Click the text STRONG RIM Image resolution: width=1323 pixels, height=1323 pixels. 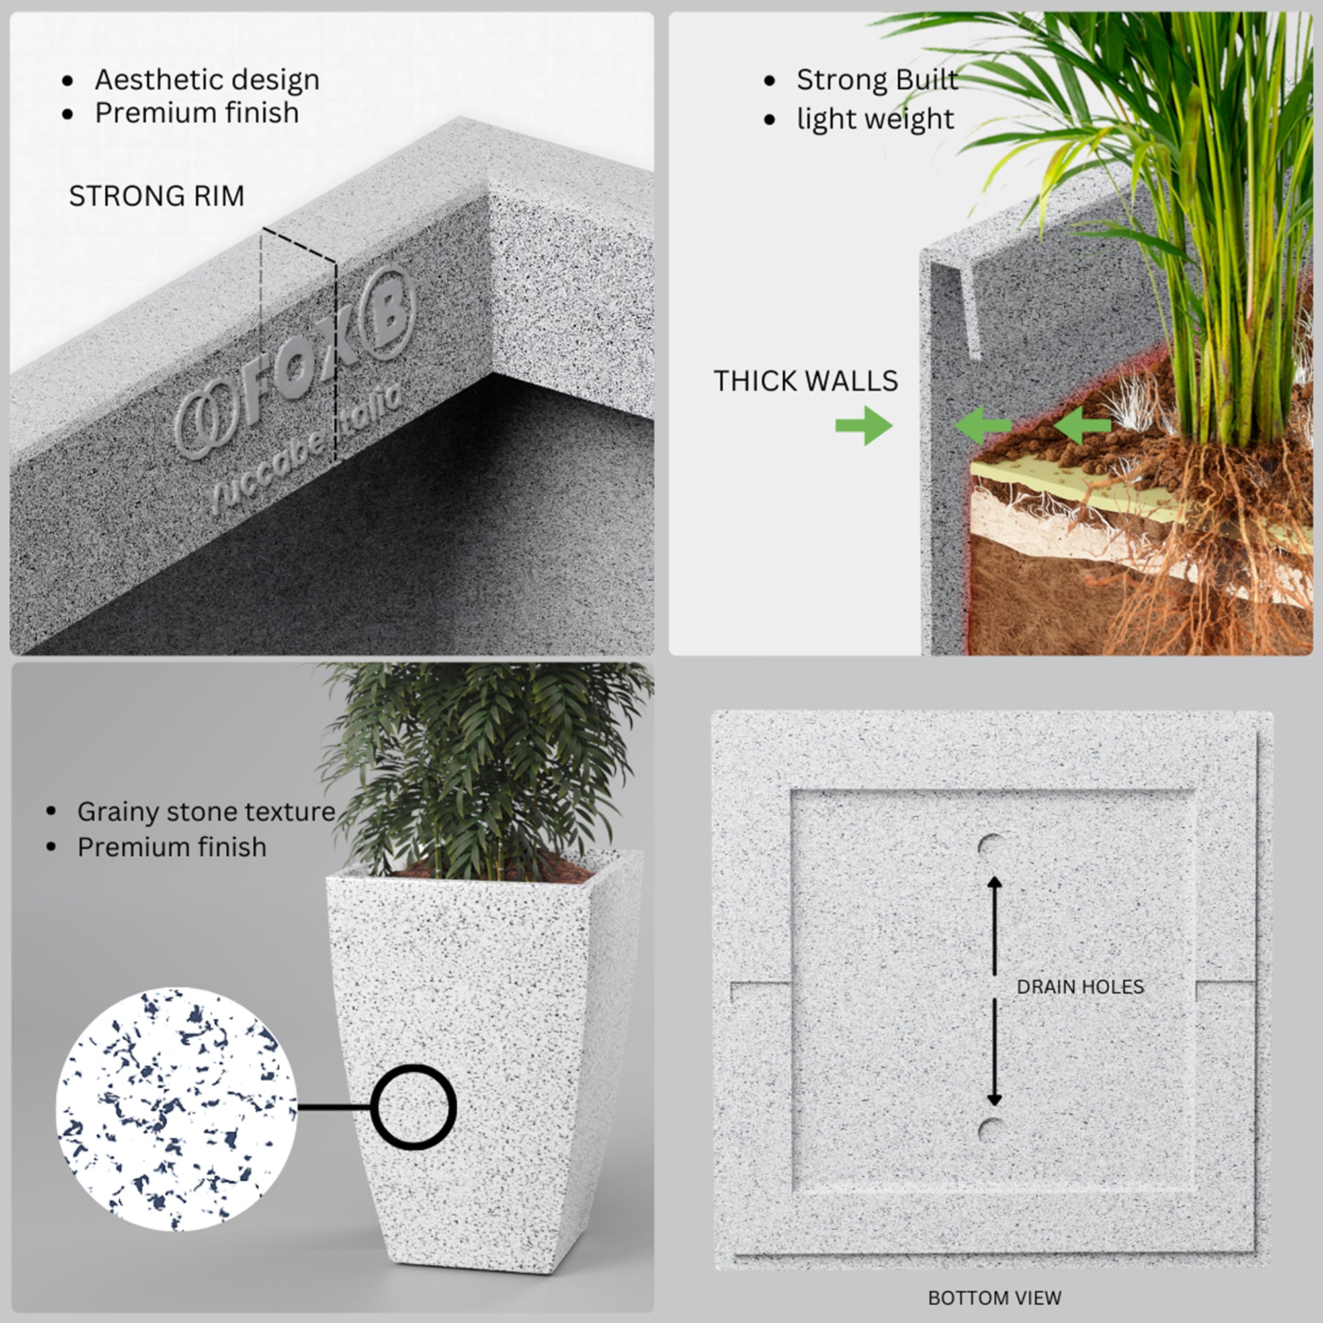coord(157,196)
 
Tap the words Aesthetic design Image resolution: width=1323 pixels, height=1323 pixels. coord(207,80)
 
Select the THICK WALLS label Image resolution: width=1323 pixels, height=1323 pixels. coord(805,381)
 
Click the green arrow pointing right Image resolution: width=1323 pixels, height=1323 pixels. coord(863,425)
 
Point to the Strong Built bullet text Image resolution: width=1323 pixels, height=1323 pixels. coord(876,79)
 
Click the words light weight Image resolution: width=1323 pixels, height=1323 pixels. coord(875,119)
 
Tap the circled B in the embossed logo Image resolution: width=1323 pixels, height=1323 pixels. coord(388,312)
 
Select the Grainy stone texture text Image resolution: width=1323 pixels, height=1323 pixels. coord(206,812)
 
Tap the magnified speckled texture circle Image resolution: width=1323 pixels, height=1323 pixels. coord(177,1109)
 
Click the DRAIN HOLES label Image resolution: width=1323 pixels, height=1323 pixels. coord(1080,987)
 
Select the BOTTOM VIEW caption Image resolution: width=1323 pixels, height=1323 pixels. coord(994,1298)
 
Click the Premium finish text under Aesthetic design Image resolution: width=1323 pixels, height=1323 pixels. coord(196,113)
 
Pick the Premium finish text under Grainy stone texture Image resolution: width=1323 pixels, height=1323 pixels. coord(172,847)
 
